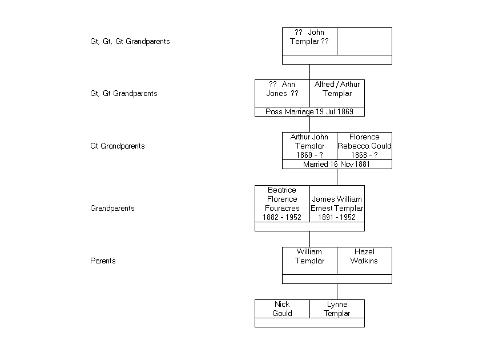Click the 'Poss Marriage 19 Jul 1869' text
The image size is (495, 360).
click(309, 111)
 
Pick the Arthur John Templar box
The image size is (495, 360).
click(309, 146)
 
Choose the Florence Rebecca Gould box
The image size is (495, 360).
click(364, 146)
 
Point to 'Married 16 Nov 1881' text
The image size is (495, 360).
click(337, 164)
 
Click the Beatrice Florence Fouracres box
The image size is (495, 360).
click(282, 203)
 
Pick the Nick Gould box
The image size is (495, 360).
click(282, 309)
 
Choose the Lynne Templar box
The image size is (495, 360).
click(337, 309)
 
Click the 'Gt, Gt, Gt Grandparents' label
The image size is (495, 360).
click(130, 41)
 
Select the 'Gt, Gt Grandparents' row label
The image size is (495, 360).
click(123, 93)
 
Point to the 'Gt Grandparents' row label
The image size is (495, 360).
click(117, 146)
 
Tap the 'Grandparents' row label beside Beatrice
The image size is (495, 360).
click(112, 208)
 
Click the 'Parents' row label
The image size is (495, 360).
click(103, 261)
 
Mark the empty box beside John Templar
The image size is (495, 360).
click(364, 41)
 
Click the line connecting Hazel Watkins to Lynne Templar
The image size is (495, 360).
click(337, 291)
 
